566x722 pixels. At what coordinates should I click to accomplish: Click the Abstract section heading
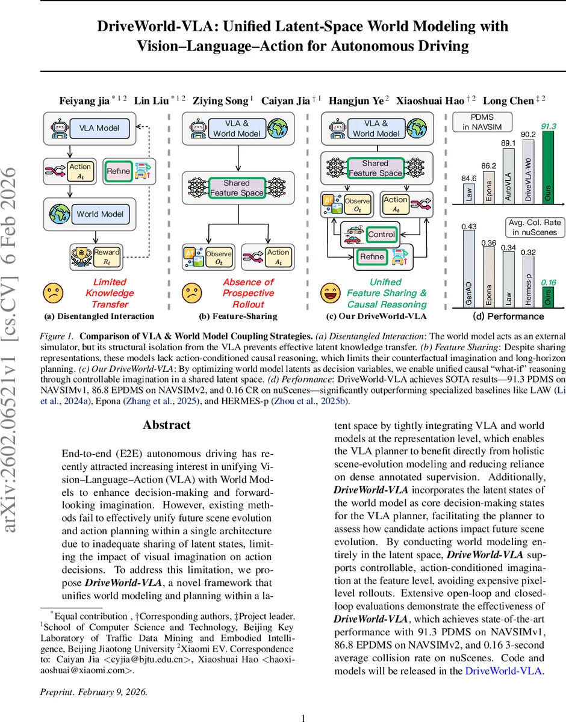point(167,425)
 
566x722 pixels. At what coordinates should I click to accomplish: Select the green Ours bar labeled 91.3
point(549,166)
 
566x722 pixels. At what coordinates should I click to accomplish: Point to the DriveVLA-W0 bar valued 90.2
point(528,172)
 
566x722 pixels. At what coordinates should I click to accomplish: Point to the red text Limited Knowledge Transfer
point(110,293)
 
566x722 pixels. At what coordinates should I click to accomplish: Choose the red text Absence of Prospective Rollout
point(248,293)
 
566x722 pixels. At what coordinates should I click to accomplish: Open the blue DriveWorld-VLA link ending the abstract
point(505,671)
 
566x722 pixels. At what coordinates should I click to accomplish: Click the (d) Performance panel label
point(508,316)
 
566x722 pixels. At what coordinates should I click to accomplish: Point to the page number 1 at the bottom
point(303,717)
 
